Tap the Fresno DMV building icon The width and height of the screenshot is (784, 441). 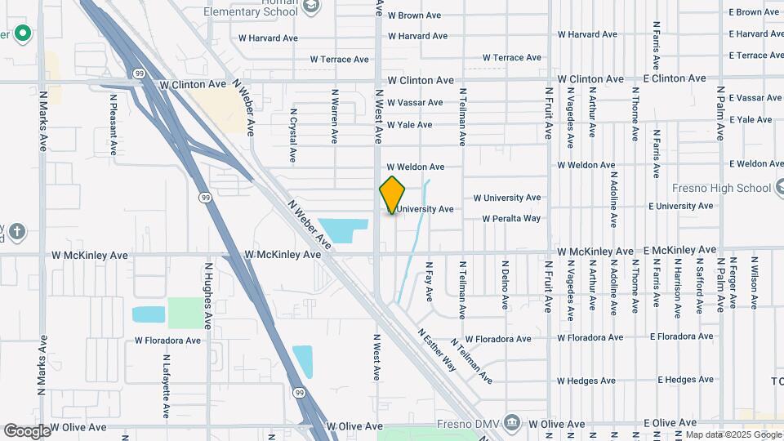coord(512,422)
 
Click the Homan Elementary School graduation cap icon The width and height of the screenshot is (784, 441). coord(310,7)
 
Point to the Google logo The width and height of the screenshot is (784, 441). coord(28,430)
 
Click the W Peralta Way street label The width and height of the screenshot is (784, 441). coord(511,219)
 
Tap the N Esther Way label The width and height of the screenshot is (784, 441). coord(437,350)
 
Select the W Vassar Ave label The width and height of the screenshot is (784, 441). coord(415,103)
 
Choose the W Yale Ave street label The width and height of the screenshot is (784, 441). coord(409,125)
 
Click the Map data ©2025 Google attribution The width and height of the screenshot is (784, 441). coord(733,434)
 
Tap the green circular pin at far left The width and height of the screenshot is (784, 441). coord(23,34)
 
